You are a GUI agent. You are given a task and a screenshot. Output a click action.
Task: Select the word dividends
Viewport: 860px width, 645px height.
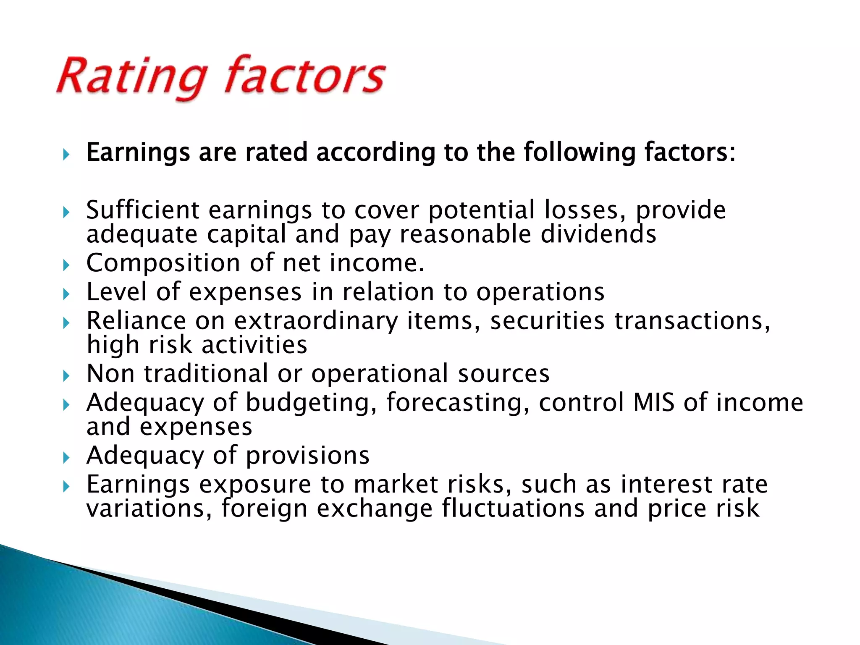[x=598, y=234]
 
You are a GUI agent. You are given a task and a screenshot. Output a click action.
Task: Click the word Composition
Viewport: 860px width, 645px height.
[x=163, y=264]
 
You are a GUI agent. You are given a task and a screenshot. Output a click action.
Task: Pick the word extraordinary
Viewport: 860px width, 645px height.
[x=316, y=322]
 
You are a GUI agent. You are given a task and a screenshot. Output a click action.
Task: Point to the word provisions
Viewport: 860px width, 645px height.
[x=307, y=456]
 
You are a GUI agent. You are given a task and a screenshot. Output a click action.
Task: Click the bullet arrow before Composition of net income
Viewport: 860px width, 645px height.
[x=66, y=265]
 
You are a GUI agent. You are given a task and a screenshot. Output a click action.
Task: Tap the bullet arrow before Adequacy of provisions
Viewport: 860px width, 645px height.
[x=66, y=457]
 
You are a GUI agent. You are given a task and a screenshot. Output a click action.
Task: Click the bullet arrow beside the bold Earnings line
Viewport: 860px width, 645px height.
[x=66, y=155]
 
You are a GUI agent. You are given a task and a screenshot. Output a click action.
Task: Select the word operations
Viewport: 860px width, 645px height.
[x=540, y=292]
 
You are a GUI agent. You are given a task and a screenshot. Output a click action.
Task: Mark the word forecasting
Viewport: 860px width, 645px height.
[x=458, y=403]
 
